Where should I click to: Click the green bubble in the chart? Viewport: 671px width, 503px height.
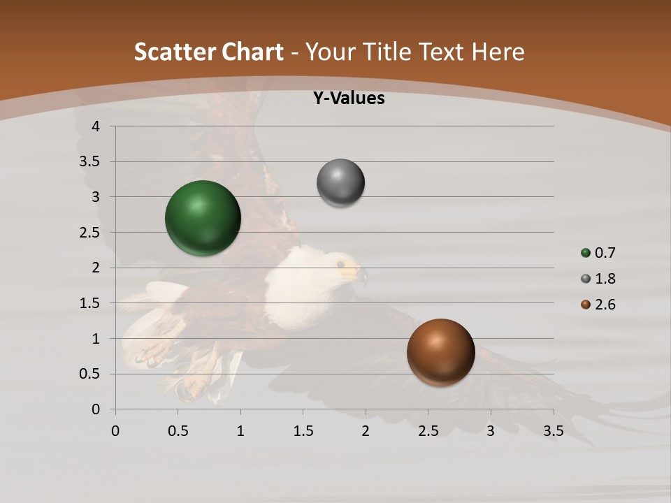(203, 218)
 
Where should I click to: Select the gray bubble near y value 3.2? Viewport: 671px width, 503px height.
(340, 183)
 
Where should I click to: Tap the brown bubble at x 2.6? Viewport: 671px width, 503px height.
(440, 352)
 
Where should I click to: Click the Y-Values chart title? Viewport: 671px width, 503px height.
(348, 99)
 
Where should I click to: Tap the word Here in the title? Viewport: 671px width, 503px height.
(498, 52)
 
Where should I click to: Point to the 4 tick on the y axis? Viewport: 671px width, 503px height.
(96, 126)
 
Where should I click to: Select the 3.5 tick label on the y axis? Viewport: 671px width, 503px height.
(90, 161)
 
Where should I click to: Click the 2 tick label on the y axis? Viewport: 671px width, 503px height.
(96, 268)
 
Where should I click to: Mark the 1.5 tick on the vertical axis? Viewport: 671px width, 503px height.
(90, 303)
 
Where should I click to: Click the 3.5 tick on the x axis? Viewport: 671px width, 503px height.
(553, 431)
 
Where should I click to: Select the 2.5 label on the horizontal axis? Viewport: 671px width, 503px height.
(428, 431)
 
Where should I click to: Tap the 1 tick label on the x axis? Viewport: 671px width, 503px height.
(240, 431)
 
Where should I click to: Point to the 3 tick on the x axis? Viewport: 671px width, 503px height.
(491, 431)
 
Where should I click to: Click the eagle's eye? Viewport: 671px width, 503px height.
(340, 264)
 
